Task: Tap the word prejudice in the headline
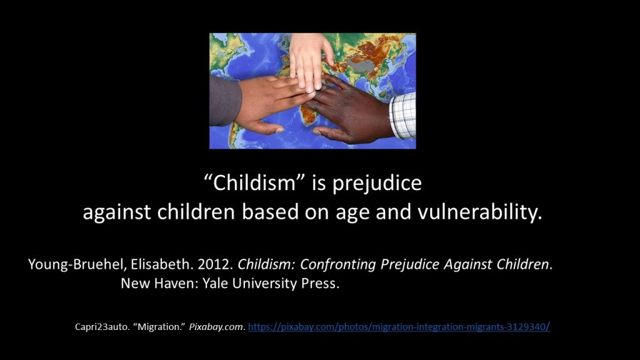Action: coord(377,183)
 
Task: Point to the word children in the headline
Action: coord(196,212)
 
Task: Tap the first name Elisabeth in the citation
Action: coord(161,264)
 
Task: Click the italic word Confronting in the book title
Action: coord(337,264)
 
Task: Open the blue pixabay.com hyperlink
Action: coord(399,326)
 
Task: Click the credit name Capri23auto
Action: coord(102,327)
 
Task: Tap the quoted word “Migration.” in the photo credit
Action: coord(159,326)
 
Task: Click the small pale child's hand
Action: coord(310,61)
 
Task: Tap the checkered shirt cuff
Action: coord(403,116)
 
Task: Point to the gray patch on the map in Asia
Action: coord(361,64)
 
